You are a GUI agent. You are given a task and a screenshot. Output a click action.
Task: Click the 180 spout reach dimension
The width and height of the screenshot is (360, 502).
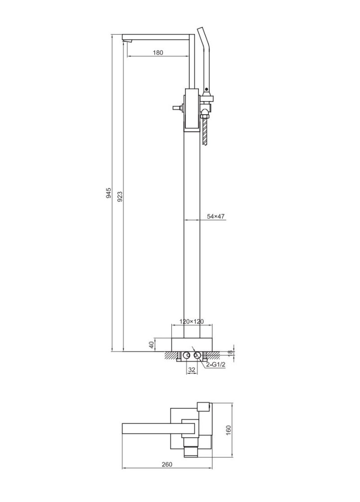[157, 53]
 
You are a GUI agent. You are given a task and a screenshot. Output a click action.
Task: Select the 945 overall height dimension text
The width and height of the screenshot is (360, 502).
[108, 193]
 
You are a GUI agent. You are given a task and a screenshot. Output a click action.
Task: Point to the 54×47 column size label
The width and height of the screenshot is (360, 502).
[216, 216]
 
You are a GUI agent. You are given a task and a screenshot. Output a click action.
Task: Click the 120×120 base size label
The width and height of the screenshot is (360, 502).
[192, 321]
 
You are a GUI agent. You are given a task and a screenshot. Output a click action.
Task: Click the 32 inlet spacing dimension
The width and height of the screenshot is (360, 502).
[191, 369]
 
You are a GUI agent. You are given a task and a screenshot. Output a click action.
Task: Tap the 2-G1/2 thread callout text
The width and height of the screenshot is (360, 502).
[216, 365]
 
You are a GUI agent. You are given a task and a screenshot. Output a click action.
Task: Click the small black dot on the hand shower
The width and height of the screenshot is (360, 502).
[207, 89]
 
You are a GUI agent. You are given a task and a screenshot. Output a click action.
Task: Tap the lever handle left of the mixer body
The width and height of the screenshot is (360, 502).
[176, 108]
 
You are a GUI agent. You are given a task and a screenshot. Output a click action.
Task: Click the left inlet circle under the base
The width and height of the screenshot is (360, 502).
[186, 356]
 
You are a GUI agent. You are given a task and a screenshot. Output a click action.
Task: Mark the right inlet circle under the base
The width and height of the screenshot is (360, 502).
[197, 356]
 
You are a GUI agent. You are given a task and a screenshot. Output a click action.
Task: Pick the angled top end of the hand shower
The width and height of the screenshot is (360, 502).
[201, 31]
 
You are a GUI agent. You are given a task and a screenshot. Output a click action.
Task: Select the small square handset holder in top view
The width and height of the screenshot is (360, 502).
[204, 407]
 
